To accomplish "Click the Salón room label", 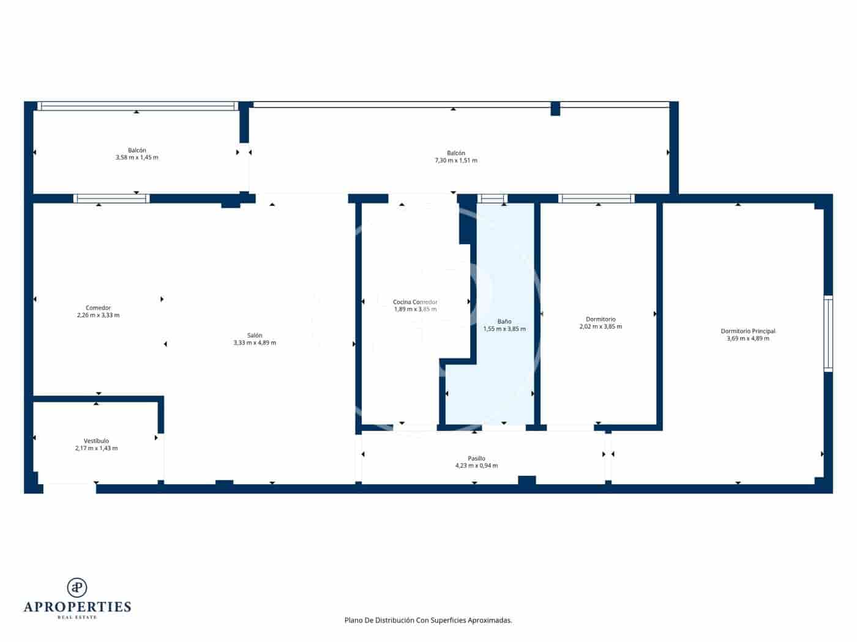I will [255, 335].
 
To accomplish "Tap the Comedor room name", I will [98, 308].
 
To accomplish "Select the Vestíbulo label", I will [96, 441].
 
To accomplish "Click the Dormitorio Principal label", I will [747, 331].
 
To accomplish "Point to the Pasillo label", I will [476, 458].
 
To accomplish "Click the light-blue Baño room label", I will [504, 321].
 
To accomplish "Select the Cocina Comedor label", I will [415, 301].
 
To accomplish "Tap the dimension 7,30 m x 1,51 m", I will [455, 160].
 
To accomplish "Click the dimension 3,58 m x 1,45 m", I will [137, 157].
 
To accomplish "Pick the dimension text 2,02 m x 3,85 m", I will [600, 327].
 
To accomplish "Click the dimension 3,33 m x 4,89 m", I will [255, 343].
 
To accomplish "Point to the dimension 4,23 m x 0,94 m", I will [476, 466].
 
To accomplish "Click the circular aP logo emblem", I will [77, 588].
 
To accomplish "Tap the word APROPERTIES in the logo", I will [77, 607].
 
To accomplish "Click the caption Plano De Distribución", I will [428, 620].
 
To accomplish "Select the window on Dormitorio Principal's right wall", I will [828, 333].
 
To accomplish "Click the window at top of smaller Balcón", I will [137, 106].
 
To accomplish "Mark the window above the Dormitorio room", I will [596, 198].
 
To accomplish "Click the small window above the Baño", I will [492, 198].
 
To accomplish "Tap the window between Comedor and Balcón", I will [111, 198].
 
